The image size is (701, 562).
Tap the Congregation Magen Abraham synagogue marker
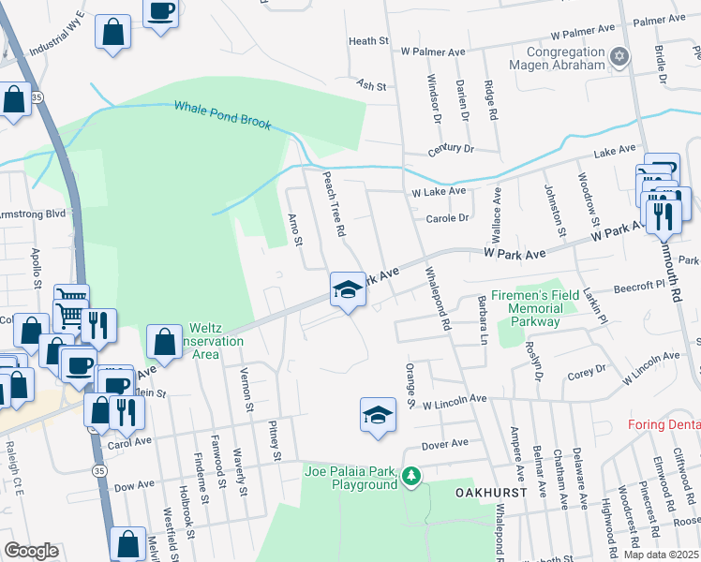(x=618, y=58)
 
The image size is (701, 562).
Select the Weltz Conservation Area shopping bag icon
(x=165, y=342)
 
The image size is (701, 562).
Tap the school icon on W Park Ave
(x=347, y=289)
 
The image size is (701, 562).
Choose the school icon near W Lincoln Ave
(x=377, y=414)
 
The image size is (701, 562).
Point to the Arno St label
(x=294, y=229)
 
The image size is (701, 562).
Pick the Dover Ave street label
(x=444, y=443)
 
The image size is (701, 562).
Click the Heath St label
(x=368, y=41)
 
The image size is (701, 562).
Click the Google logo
(x=32, y=551)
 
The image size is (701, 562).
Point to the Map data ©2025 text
(x=660, y=555)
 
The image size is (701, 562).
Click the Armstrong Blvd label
(x=34, y=214)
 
